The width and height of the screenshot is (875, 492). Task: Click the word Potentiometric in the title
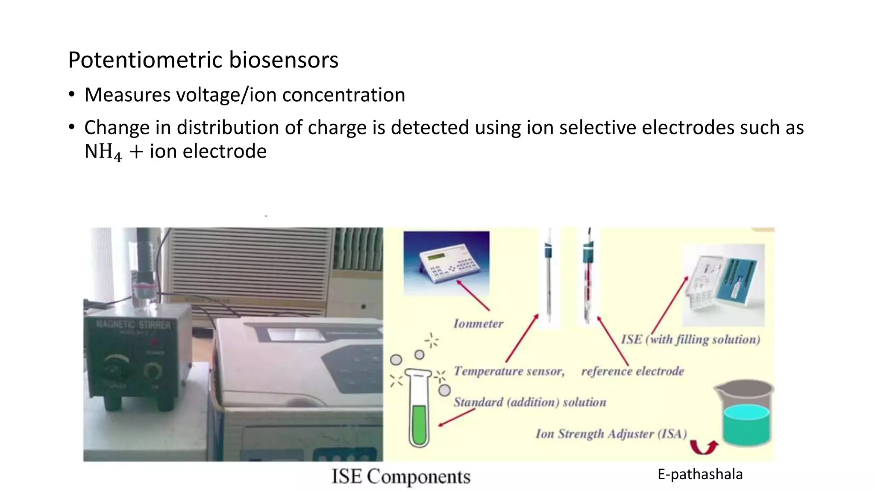coord(145,60)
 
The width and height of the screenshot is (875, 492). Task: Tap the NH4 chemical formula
coord(103,152)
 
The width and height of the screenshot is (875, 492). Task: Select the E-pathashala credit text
coord(700,474)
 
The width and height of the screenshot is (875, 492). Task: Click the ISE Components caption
coord(401,476)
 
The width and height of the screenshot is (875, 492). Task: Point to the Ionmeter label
coord(478,324)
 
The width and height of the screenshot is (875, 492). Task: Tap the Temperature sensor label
coord(509,371)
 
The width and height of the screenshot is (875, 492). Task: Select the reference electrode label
coord(632,371)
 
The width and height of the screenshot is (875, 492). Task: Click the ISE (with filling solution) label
coord(690,340)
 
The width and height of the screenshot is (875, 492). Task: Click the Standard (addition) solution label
coord(530,402)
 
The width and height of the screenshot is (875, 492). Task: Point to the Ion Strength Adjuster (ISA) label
coord(611,434)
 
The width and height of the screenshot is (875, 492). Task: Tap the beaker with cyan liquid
coord(746,416)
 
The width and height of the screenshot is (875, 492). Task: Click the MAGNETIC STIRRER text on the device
coord(133,325)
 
